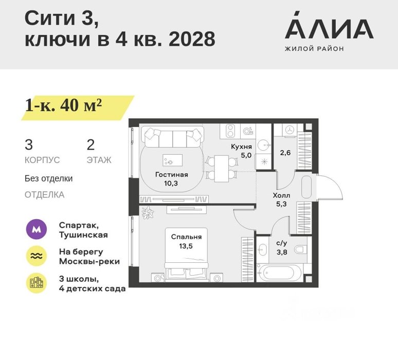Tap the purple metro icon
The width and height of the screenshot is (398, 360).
pyautogui.click(x=37, y=229)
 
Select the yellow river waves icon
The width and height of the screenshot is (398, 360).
pyautogui.click(x=37, y=256)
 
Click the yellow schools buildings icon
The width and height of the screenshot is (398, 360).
pyautogui.click(x=37, y=283)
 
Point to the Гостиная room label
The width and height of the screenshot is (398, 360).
pyautogui.click(x=172, y=175)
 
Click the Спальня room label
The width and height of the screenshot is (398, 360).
pyautogui.click(x=186, y=237)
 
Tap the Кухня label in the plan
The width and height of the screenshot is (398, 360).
pyautogui.click(x=241, y=147)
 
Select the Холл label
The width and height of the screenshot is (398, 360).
pyautogui.click(x=281, y=195)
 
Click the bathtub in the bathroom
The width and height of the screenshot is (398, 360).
pyautogui.click(x=279, y=273)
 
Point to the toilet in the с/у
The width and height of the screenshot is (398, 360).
pyautogui.click(x=301, y=249)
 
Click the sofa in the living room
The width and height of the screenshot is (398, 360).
pyautogui.click(x=173, y=137)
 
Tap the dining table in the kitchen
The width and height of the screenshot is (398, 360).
pyautogui.click(x=221, y=169)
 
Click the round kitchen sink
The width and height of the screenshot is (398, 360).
pyautogui.click(x=263, y=145)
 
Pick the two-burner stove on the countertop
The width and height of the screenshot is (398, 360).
pyautogui.click(x=230, y=131)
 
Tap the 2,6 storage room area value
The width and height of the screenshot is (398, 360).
pyautogui.click(x=285, y=153)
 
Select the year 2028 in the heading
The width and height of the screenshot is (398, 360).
pyautogui.click(x=192, y=39)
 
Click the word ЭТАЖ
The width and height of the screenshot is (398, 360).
pyautogui.click(x=99, y=160)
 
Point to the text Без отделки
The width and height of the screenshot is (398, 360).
pyautogui.click(x=48, y=178)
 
